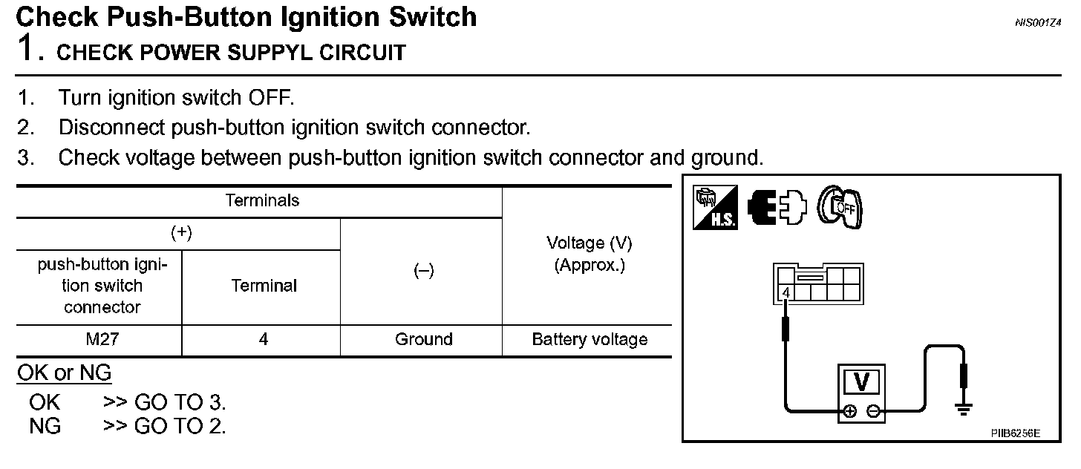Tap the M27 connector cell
coord(102,340)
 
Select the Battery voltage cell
coord(590,340)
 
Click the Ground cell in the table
coord(423,340)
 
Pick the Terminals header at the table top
coord(262,200)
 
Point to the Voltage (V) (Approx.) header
coord(590,254)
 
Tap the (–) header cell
coord(423,271)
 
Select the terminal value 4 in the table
coord(264,340)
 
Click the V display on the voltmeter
coord(861,382)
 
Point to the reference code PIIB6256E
coord(1015,433)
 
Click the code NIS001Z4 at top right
coord(1038,23)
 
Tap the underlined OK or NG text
coord(64,373)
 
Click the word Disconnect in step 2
coord(112,128)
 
